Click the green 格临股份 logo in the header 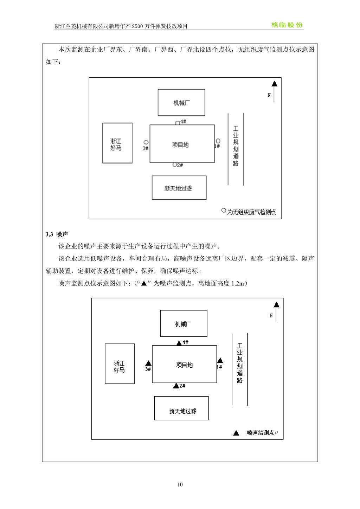[287, 25]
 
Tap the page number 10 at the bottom [180, 484]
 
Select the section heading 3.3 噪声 [57, 234]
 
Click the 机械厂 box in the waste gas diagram [181, 103]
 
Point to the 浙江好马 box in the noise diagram [120, 364]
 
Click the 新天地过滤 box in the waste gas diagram [179, 188]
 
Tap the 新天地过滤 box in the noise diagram [181, 408]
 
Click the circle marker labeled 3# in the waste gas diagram [146, 142]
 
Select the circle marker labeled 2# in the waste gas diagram [174, 165]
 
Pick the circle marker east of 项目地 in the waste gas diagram [218, 141]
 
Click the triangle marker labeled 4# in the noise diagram [179, 343]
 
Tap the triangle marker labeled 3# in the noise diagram [148, 363]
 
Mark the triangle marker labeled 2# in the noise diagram [176, 386]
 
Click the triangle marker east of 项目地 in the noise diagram [220, 361]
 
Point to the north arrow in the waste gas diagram [274, 91]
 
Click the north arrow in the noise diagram [276, 312]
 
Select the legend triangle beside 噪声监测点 [236, 433]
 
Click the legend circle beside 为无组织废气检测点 [224, 211]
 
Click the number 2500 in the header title [137, 26]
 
